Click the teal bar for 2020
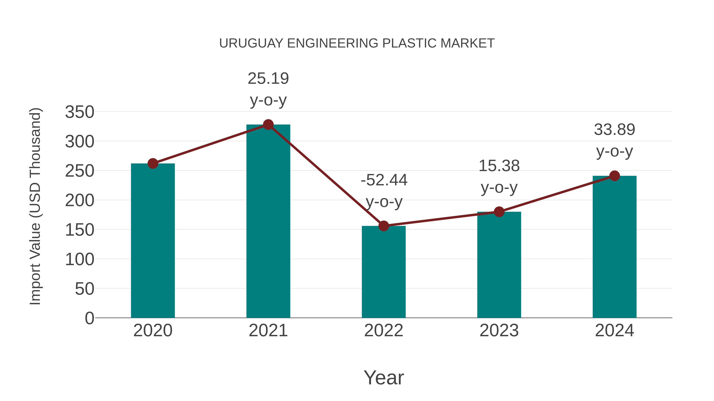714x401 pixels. (153, 241)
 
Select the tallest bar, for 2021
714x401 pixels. (268, 221)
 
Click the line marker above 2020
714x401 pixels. (153, 164)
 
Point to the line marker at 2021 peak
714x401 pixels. (268, 125)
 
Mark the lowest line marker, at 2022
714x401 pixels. (384, 226)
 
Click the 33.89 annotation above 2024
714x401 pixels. (614, 130)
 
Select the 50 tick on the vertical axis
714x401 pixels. (84, 289)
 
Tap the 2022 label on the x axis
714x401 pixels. (384, 331)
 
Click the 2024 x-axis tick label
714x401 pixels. (614, 331)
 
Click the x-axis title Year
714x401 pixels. (384, 378)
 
